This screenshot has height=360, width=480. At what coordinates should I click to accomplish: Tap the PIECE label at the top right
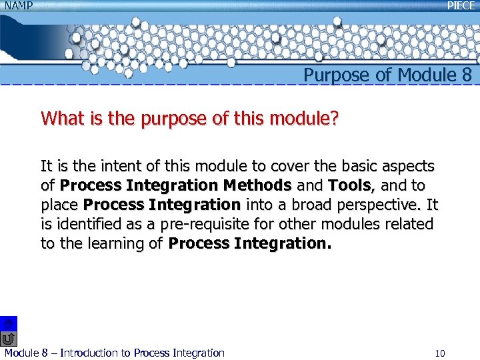click(x=461, y=5)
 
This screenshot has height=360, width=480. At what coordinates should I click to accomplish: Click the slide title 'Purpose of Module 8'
click(x=388, y=75)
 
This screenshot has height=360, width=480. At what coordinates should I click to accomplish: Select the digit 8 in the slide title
click(x=466, y=75)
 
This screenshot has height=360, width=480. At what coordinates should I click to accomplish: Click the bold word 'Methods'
click(x=257, y=185)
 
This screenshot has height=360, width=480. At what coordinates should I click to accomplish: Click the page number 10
click(x=439, y=353)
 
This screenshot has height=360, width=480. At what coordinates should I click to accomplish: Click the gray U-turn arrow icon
click(x=8, y=339)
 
